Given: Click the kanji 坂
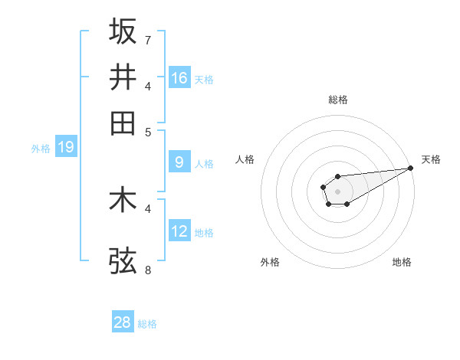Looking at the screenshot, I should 123,31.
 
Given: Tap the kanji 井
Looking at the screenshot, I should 123,77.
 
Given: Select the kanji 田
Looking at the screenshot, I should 123,123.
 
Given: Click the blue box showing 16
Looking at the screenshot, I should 179,78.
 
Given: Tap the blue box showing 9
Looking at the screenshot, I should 179,162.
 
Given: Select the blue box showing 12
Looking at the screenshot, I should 179,231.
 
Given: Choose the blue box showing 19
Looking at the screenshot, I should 65,147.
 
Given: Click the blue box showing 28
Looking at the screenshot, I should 123,322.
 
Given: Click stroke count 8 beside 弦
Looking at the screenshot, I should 147,270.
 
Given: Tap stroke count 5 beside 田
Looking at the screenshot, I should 147,131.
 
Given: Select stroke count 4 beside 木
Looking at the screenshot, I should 147,208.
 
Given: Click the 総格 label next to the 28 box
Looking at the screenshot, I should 147,324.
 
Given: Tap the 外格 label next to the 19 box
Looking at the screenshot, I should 40,149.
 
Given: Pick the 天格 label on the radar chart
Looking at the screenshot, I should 431,159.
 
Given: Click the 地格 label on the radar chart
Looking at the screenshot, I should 402,263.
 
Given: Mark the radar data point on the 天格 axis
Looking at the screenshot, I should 410,168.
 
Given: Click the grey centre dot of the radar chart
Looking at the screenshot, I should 337,190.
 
